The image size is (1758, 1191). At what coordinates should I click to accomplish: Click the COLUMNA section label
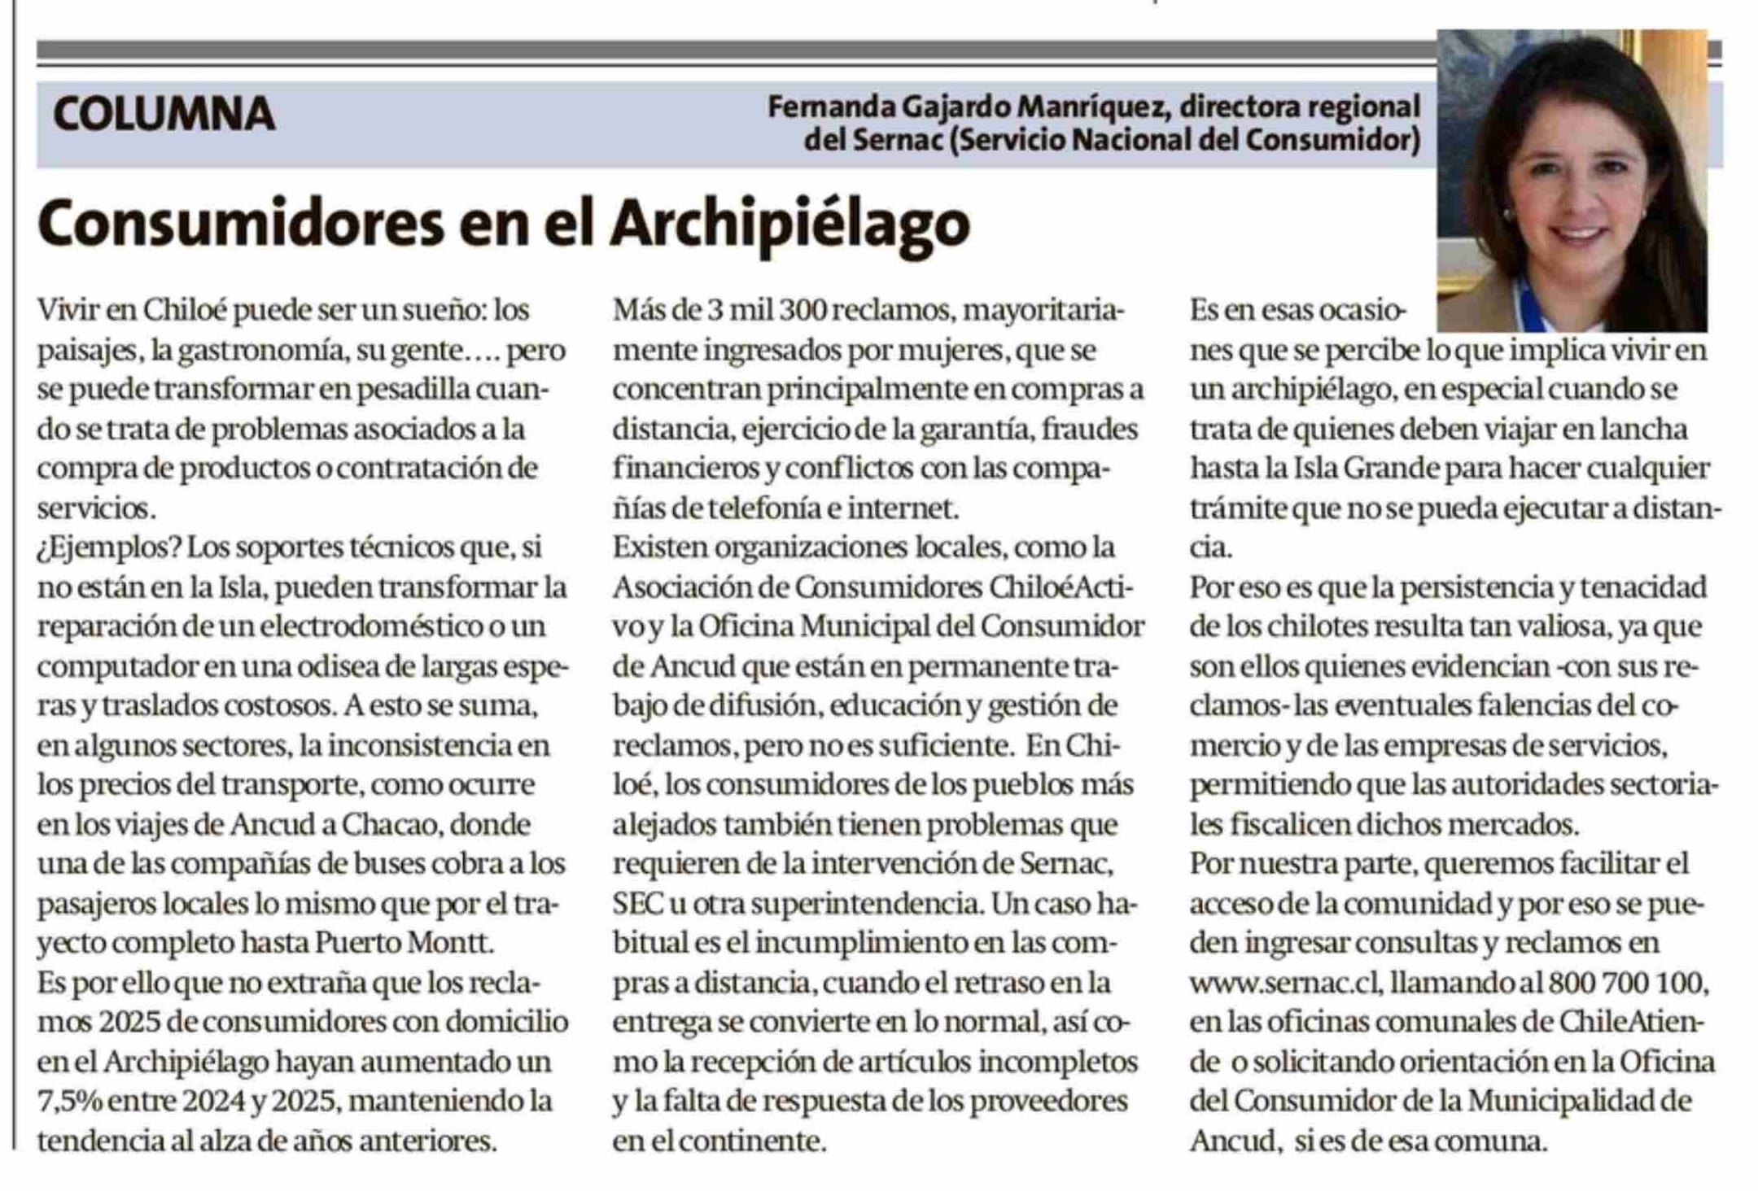tap(164, 114)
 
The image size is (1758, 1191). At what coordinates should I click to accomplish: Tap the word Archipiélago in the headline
tap(789, 223)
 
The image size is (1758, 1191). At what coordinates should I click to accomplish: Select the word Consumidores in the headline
tap(240, 223)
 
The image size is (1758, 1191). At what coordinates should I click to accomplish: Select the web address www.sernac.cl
tap(1285, 983)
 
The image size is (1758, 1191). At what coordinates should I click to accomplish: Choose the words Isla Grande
tap(1344, 469)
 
